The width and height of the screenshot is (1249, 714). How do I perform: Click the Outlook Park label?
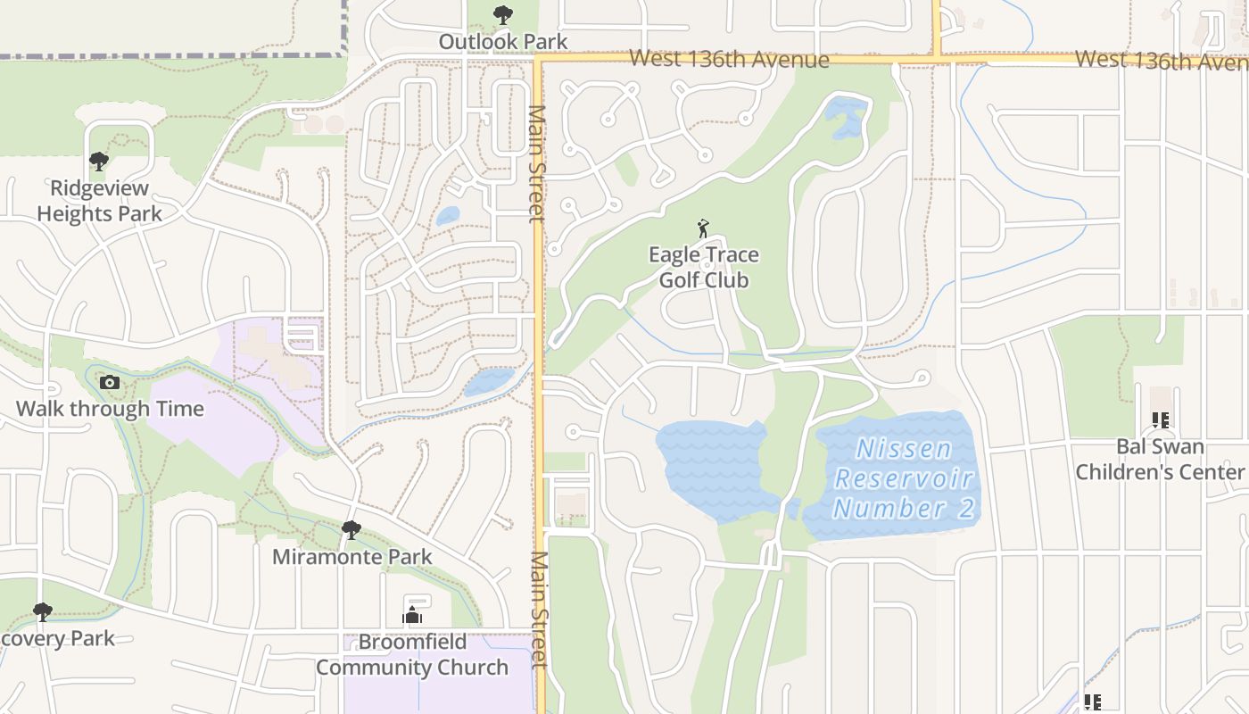coord(503,41)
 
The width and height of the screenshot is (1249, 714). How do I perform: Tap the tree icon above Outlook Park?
coord(503,14)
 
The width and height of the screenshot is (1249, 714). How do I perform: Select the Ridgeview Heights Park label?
coord(99,201)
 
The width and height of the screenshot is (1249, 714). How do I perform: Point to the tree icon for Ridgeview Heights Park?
coord(99,162)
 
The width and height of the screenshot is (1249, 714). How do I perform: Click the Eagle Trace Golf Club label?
coord(704,267)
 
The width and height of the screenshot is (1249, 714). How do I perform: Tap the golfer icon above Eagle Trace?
coord(703,228)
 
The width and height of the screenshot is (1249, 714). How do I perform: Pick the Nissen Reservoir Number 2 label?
coord(904,477)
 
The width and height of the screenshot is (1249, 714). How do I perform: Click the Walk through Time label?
coord(110,409)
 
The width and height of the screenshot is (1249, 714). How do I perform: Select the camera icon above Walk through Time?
coord(110,382)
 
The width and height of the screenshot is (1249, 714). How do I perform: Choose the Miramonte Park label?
coord(352,557)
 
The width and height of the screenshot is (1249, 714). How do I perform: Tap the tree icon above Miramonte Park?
coord(352,530)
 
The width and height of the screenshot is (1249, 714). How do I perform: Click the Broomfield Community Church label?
coord(412,654)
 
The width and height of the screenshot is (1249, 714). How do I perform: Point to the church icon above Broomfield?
coord(412,615)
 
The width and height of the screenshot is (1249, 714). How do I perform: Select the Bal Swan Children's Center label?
coord(1160,459)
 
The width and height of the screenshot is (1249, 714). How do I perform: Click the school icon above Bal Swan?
coord(1160,419)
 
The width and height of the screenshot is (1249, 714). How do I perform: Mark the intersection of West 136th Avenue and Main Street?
coord(539,60)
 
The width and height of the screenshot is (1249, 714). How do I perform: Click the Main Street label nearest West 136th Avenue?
coord(537,163)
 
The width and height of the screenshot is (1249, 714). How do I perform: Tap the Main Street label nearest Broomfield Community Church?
coord(540,609)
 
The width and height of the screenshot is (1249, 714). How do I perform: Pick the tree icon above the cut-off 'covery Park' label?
coord(42,612)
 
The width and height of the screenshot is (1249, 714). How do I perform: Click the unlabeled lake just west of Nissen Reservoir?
coord(714,469)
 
